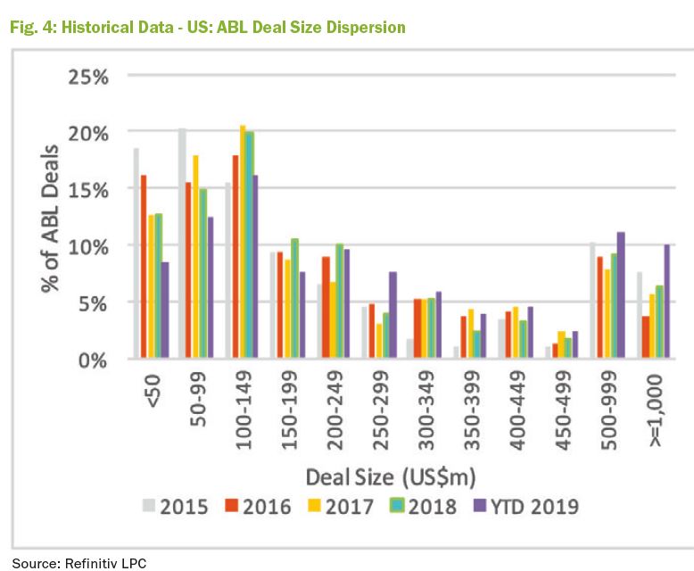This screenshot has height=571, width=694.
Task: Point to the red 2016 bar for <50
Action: click(x=144, y=267)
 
